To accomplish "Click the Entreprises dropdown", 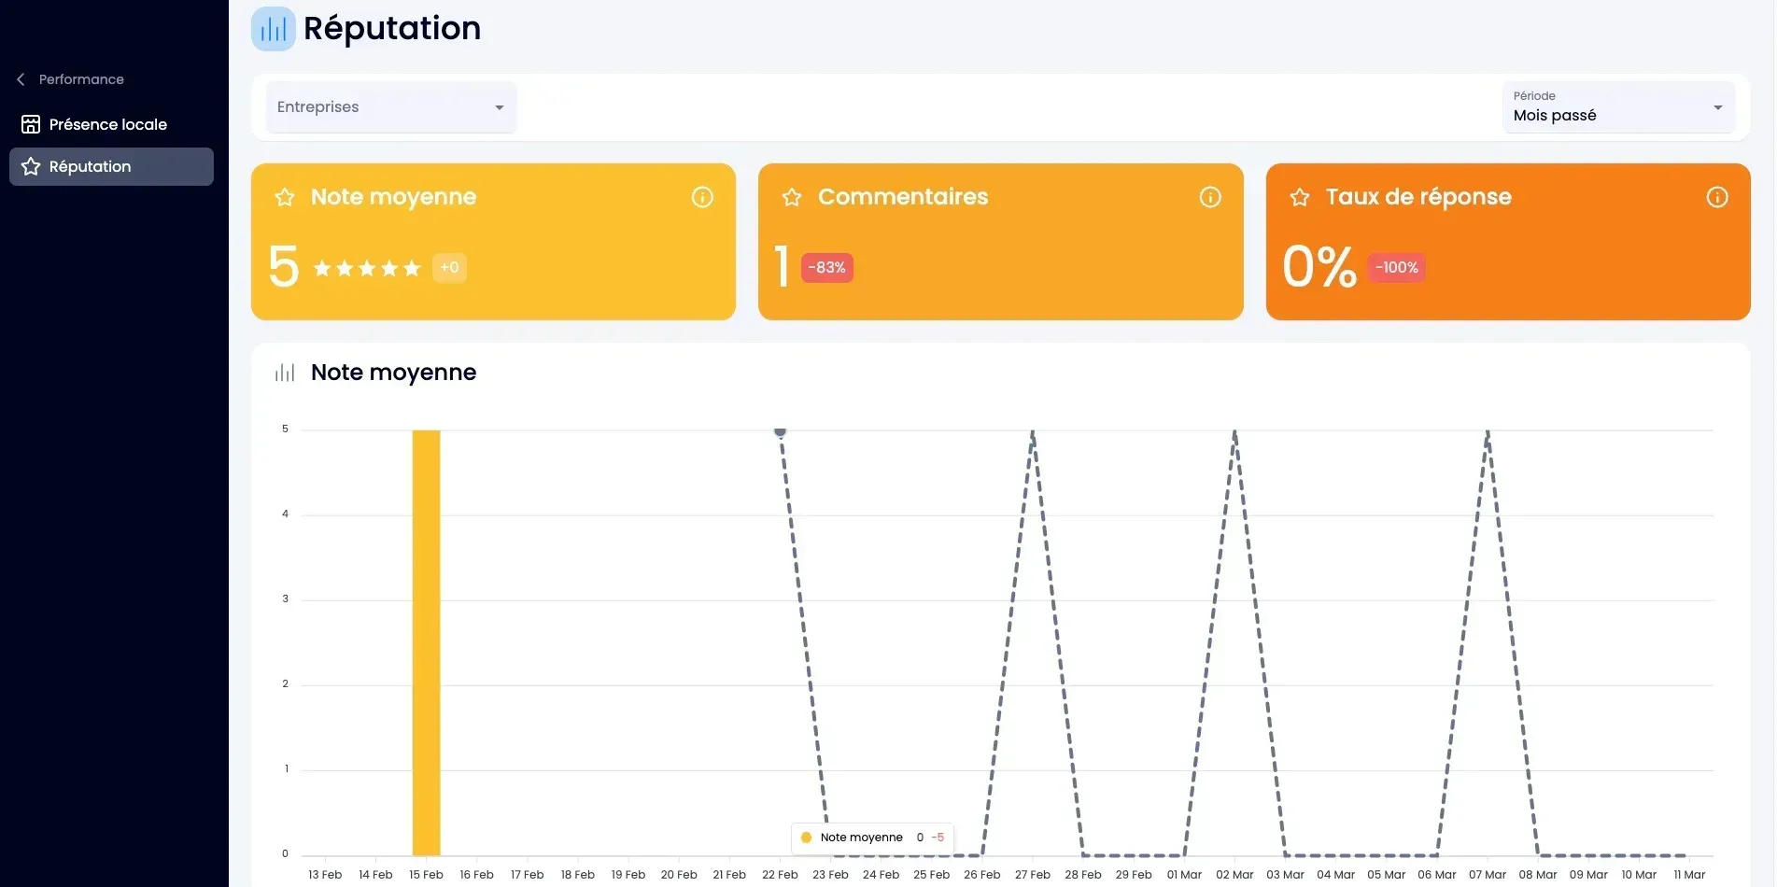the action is (x=391, y=107).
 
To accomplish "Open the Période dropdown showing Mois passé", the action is (x=1618, y=107).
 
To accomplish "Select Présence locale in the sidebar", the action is (x=107, y=124).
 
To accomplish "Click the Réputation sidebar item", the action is (x=111, y=166).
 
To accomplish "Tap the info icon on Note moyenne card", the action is (x=702, y=197).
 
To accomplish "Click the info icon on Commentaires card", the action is (x=1210, y=197).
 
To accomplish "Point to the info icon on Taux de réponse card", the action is (x=1717, y=197).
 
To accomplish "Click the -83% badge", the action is (x=826, y=268).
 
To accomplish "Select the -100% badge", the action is (x=1397, y=268).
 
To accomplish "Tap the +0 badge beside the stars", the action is (x=449, y=268).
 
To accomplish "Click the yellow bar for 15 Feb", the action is (x=426, y=642).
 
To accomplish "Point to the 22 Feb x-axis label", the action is (x=780, y=875).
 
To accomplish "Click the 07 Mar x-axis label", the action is (x=1488, y=875).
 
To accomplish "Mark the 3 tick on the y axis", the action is (x=286, y=598).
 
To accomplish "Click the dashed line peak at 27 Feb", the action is (x=1033, y=432).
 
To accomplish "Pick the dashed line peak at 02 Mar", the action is (x=1234, y=432).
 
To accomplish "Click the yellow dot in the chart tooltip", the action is (x=806, y=838).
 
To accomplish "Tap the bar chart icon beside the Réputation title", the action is (x=274, y=29).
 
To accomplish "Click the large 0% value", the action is (x=1319, y=267).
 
